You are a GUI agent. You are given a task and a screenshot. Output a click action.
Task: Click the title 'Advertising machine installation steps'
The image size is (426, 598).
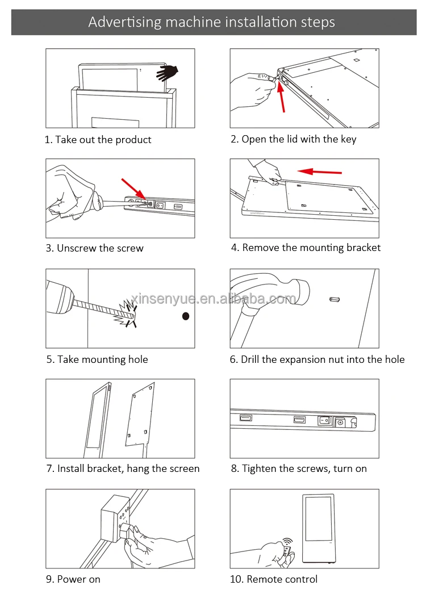(212, 23)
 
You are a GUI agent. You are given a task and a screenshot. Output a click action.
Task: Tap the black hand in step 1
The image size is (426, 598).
(168, 73)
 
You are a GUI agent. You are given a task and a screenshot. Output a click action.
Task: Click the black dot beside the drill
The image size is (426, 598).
(185, 316)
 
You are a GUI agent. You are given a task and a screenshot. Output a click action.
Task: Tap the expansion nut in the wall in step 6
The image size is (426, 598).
(333, 299)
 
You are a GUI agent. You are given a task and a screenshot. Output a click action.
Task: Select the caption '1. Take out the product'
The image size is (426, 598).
(98, 140)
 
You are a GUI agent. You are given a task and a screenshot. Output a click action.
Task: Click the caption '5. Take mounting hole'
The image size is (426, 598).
(97, 359)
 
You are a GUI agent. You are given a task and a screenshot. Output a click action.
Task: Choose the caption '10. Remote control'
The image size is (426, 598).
(274, 579)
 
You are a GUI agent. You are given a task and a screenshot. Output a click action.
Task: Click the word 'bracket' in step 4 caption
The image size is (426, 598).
(361, 248)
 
